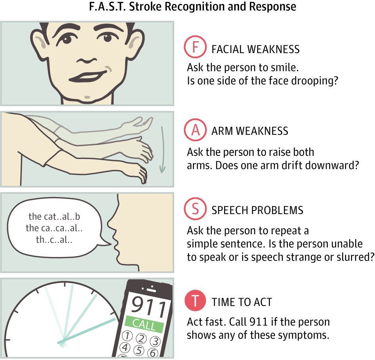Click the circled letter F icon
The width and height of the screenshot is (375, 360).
point(195,47)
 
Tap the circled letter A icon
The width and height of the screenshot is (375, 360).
point(195,130)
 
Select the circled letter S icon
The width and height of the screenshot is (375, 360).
point(195,209)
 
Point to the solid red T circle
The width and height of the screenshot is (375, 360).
point(195,301)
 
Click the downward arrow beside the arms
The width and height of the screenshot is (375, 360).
point(162,149)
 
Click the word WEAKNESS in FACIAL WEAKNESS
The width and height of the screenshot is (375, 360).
point(273,49)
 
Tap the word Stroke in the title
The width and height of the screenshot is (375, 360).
point(145,6)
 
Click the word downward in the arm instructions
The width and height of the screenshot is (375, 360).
point(320,165)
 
